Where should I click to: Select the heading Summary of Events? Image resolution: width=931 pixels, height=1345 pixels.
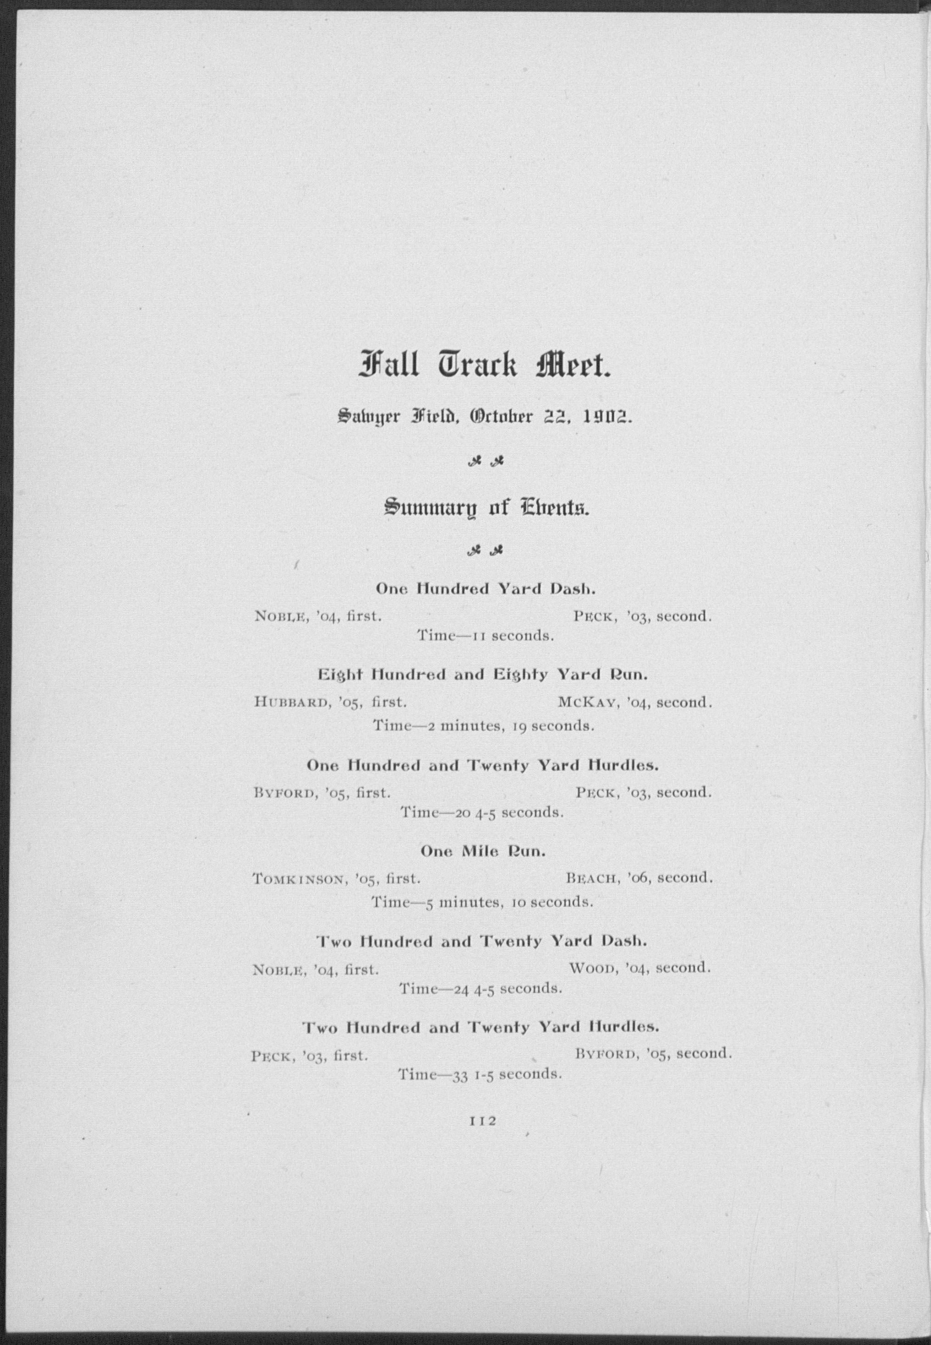[x=486, y=507]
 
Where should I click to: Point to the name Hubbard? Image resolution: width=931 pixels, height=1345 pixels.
[x=289, y=702]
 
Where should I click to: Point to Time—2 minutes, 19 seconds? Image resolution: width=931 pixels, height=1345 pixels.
[x=483, y=727]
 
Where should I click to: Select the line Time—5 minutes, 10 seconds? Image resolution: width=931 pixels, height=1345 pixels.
[x=482, y=903]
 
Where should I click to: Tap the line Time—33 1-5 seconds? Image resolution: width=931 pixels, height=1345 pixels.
[x=479, y=1074]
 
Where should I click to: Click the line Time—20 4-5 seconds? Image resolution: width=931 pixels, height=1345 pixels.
[x=482, y=812]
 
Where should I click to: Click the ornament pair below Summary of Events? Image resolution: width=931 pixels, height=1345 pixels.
[x=486, y=550]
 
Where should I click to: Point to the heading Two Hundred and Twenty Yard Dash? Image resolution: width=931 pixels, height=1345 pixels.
[x=482, y=941]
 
